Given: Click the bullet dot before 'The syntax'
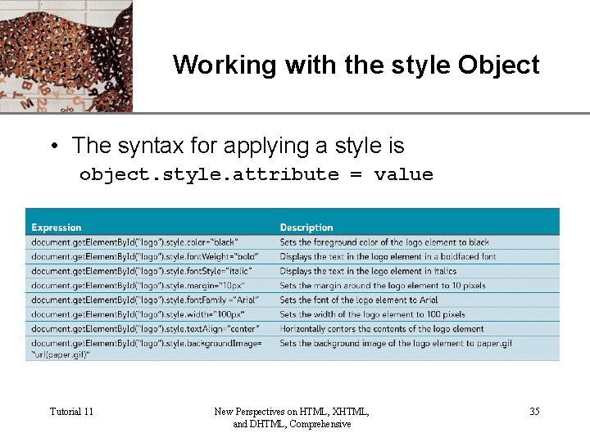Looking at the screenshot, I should point(53,147).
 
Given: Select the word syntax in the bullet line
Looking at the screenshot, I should point(152,146).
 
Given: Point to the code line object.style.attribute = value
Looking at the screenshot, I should point(256,174).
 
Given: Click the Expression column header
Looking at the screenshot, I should point(57,228).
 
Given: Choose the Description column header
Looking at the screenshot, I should point(306,228).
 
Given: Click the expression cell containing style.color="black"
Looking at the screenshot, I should point(135,242).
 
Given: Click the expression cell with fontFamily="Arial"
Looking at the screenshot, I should point(143,300).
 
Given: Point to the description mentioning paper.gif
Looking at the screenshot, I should point(395,344).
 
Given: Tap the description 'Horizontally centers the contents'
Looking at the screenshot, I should point(381,329).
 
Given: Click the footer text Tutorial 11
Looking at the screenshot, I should point(71,411).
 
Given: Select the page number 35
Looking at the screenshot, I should point(534,411).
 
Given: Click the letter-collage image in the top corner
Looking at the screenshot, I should point(66,56).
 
